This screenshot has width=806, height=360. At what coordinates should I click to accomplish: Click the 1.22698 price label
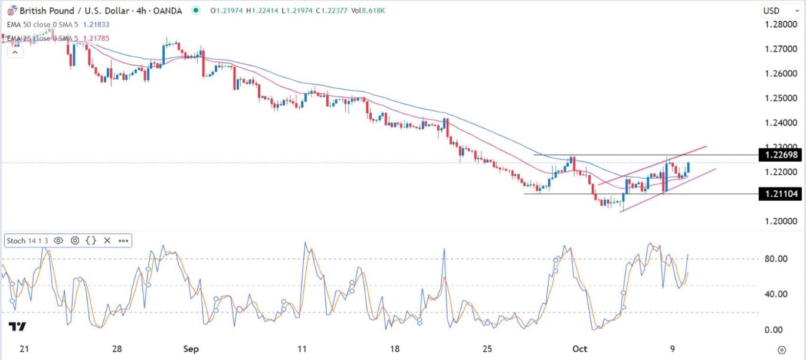click(781, 155)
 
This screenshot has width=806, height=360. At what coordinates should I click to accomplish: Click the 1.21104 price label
click(781, 194)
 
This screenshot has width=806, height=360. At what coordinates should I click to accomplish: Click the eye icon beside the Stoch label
click(58, 240)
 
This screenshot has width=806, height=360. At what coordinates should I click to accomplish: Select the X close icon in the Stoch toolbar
click(107, 240)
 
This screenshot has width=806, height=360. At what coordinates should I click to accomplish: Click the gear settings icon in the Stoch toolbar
click(75, 240)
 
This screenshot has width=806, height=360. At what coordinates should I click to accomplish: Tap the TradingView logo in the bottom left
click(17, 326)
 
